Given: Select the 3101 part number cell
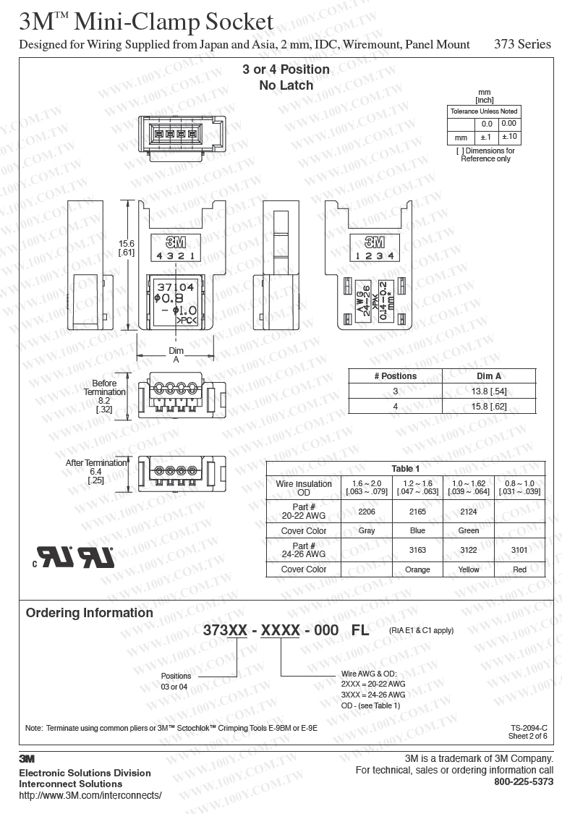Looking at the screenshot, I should (x=519, y=550).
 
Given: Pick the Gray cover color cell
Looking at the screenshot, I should (x=366, y=530).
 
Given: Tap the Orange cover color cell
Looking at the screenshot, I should (x=417, y=569).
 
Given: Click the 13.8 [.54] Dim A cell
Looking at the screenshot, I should (x=489, y=391).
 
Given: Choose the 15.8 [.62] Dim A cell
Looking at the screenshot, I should (x=489, y=407).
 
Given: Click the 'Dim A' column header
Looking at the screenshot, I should (x=489, y=376).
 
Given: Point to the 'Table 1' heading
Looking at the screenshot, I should (x=406, y=469).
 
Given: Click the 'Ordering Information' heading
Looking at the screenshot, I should (x=90, y=613).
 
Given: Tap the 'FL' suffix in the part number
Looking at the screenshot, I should (x=359, y=630).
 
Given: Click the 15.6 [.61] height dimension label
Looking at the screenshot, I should (x=127, y=247).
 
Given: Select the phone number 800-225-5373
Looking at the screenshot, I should (x=524, y=782).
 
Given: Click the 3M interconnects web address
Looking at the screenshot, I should (x=90, y=795).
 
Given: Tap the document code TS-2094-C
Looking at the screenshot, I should (x=529, y=728).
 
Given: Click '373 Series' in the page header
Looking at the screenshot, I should (x=522, y=44).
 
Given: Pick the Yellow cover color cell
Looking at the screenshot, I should (x=469, y=569).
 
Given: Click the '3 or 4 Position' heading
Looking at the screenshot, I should (x=286, y=69).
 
